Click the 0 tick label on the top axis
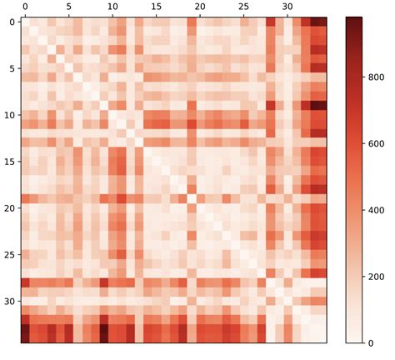(x=25, y=7)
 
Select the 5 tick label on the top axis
(x=68, y=7)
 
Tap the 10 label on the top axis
(x=112, y=7)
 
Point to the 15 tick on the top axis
(x=156, y=7)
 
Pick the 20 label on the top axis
(x=200, y=7)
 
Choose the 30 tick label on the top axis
(x=287, y=7)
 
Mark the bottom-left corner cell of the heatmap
(x=25, y=337)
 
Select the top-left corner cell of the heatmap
(x=25, y=22)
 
